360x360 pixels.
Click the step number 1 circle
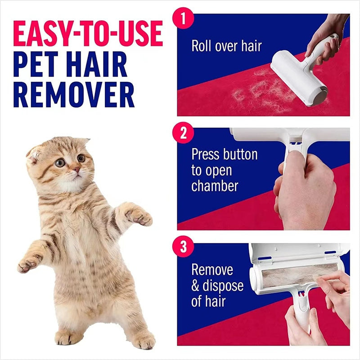click(x=183, y=18)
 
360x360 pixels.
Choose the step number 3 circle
click(x=183, y=247)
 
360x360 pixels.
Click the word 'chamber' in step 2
click(x=215, y=185)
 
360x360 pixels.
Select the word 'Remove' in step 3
click(x=212, y=270)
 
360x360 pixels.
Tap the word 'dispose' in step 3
click(x=224, y=285)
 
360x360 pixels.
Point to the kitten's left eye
click(x=81, y=158)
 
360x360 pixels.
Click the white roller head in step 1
click(x=292, y=76)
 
